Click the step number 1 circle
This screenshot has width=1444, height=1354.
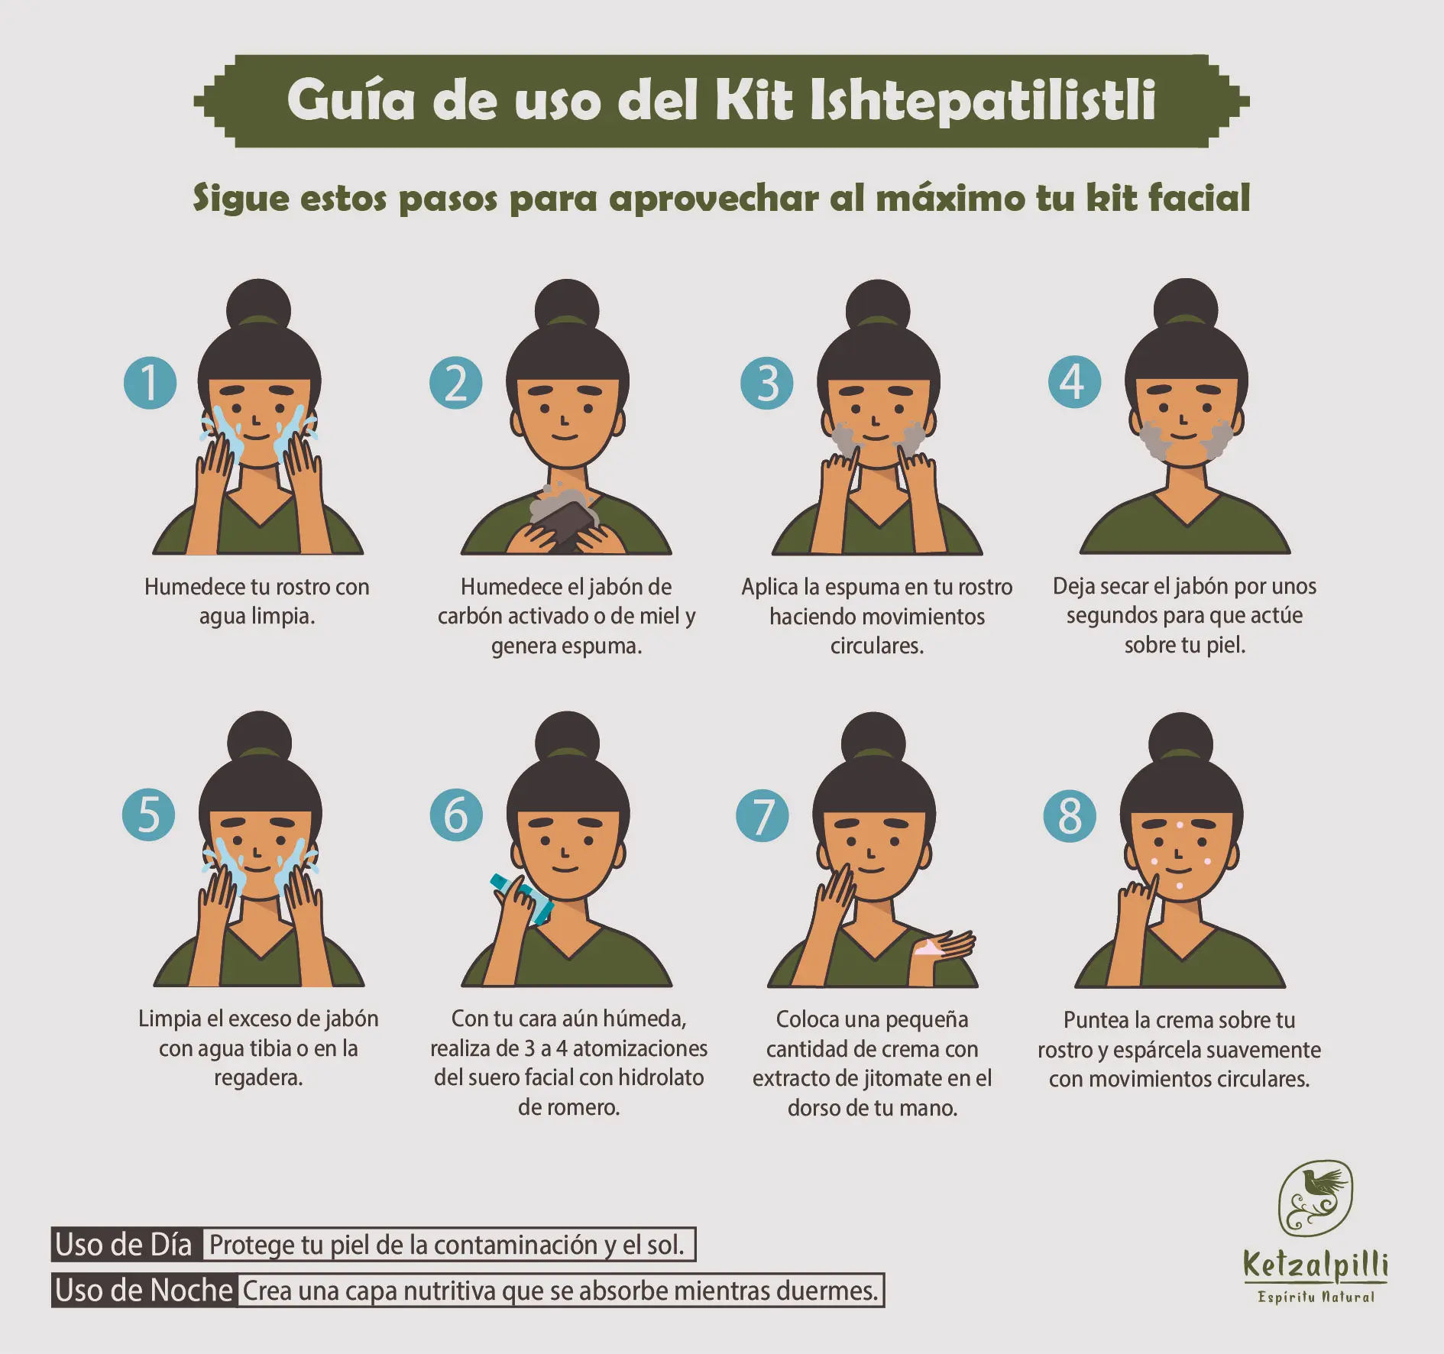pos(150,382)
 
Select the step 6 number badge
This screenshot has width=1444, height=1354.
pos(456,815)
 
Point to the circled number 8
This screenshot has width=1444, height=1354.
pos(1070,816)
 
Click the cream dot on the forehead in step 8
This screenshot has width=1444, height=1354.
pos(1180,825)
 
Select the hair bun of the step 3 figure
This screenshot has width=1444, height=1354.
pos(878,309)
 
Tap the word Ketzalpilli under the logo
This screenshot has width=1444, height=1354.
pos(1316,1265)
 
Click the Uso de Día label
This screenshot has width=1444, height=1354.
pos(124,1245)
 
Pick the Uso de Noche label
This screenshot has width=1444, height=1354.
pos(144,1291)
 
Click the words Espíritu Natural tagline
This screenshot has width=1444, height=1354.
pos(1316,1297)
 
